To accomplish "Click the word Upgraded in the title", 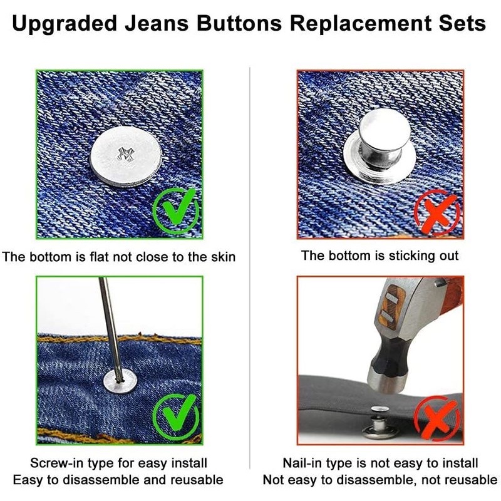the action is click(x=65, y=24).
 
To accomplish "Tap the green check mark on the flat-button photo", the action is click(x=176, y=211).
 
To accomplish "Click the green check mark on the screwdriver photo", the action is click(x=176, y=417).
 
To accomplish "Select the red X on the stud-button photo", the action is click(x=437, y=212).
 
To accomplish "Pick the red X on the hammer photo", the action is click(x=437, y=418).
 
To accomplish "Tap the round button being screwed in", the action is click(x=120, y=382).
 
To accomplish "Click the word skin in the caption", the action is click(x=223, y=257).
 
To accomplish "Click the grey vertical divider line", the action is click(x=250, y=268).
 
